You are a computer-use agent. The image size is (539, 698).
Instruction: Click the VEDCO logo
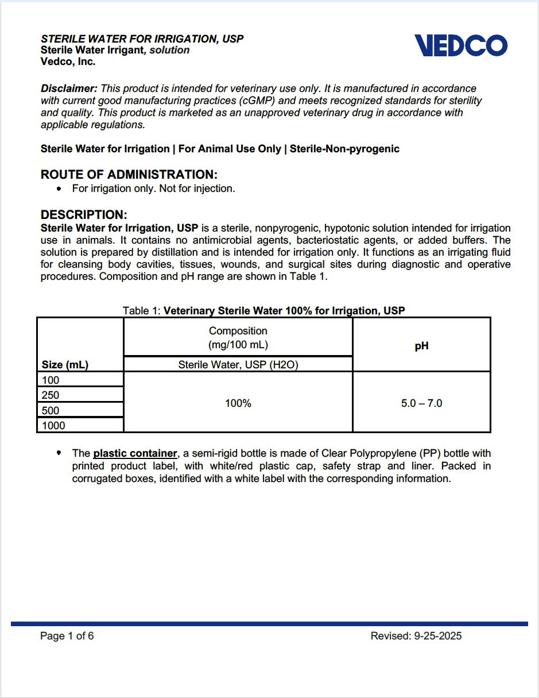pyautogui.click(x=461, y=45)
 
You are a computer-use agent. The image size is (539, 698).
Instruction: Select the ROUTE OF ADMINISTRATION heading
pyautogui.click(x=129, y=175)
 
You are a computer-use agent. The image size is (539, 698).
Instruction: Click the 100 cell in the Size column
pyautogui.click(x=51, y=380)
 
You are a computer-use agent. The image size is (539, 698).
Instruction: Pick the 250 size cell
pyautogui.click(x=51, y=395)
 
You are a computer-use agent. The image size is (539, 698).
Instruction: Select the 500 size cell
pyautogui.click(x=51, y=410)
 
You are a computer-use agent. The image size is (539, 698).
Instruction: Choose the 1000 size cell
pyautogui.click(x=53, y=426)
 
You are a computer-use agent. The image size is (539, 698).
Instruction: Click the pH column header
pyautogui.click(x=421, y=346)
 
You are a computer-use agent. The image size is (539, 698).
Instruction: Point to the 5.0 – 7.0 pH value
pyautogui.click(x=421, y=403)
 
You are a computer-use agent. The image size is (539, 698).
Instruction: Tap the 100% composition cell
pyautogui.click(x=238, y=403)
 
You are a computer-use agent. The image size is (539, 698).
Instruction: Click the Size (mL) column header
pyautogui.click(x=65, y=365)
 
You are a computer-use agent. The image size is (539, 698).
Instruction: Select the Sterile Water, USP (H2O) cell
pyautogui.click(x=238, y=365)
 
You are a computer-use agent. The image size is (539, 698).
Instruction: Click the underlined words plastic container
pyautogui.click(x=135, y=454)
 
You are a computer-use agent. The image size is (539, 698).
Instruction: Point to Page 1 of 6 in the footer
pyautogui.click(x=67, y=636)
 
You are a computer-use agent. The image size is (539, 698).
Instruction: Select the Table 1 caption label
pyautogui.click(x=141, y=311)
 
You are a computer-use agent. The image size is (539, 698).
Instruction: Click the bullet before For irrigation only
pyautogui.click(x=59, y=188)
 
